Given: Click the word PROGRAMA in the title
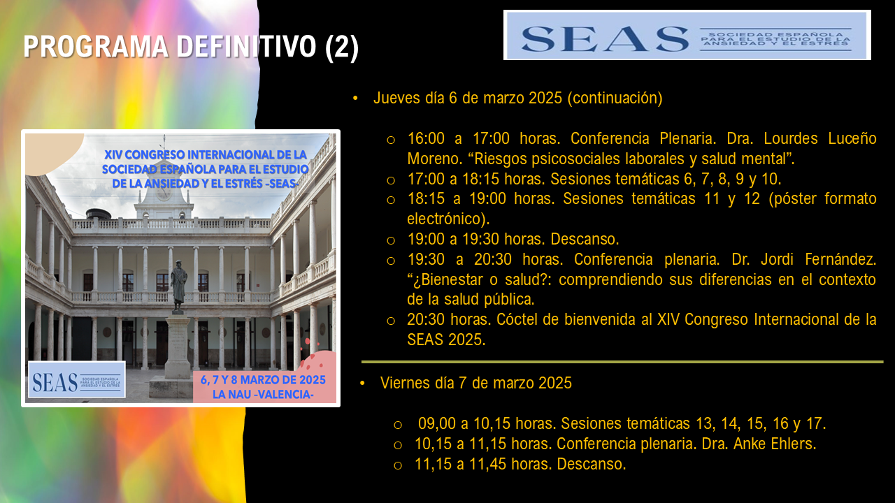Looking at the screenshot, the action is coord(96,47).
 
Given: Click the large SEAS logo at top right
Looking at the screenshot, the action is coord(687,35).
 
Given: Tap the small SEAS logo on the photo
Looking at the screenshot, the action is coord(77,379).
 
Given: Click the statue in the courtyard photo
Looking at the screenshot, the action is coord(178,286).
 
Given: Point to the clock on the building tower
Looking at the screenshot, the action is coord(163,193).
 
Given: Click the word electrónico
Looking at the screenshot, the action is coord(448,219).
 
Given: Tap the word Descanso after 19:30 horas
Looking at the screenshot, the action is coord(585,239).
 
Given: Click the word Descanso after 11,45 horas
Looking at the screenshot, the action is coord(592,465).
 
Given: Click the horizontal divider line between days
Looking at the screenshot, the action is coord(622,362).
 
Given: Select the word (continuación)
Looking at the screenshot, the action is coord(615,99).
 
